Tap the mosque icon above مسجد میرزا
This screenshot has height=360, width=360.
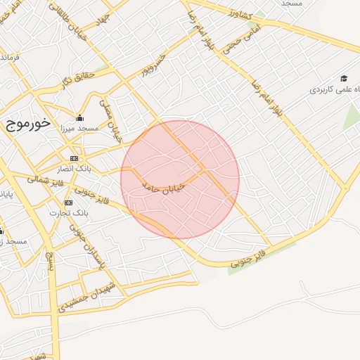(79, 118)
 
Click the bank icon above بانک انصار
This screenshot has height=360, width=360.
(74, 159)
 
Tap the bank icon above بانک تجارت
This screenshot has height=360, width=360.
(68, 202)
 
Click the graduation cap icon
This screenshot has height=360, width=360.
(344, 78)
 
